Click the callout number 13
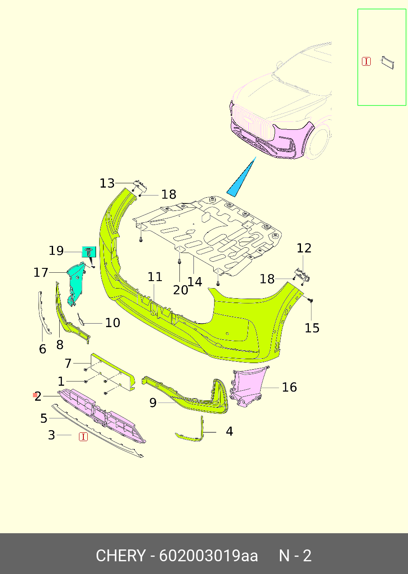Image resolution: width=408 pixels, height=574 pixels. tap(107, 183)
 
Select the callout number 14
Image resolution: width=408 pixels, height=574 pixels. tap(195, 282)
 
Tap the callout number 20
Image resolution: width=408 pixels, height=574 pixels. tap(180, 290)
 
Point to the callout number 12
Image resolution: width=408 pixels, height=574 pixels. tap(304, 248)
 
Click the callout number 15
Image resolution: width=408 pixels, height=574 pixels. tap(312, 328)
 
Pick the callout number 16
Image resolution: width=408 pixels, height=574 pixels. tap(290, 387)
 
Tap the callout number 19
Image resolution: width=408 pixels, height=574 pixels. tap(56, 251)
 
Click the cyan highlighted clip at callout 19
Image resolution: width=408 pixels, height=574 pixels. tap(89, 252)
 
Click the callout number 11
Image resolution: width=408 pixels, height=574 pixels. tap(155, 277)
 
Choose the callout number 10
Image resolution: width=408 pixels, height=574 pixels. tap(113, 323)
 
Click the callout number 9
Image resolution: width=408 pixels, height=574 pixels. tap(153, 403)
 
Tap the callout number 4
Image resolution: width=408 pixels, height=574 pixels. tap(229, 431)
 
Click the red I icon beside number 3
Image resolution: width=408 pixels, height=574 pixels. tap(83, 437)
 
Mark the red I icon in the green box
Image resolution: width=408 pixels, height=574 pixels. tap(366, 61)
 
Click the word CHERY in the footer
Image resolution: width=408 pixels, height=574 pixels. tap(120, 556)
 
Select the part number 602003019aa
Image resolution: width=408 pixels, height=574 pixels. tap(208, 556)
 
